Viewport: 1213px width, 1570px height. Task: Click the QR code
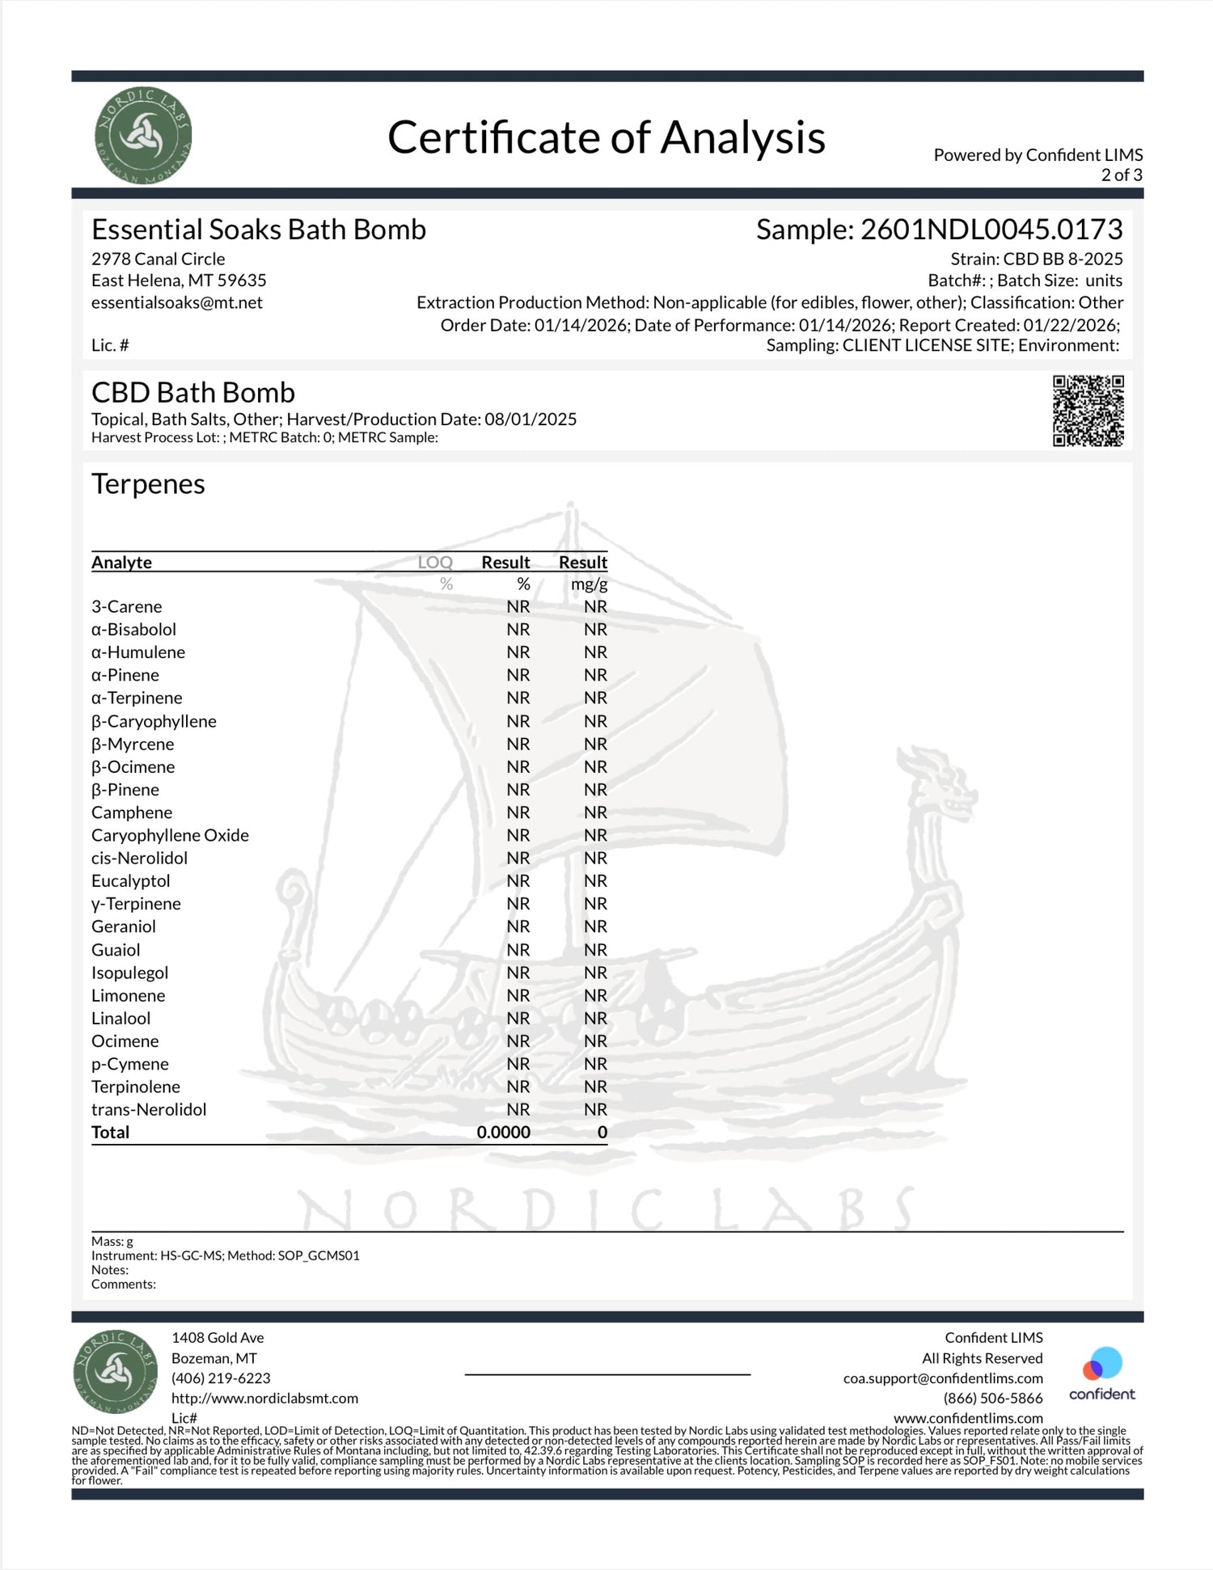point(1088,411)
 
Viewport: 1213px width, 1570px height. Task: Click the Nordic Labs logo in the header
point(143,135)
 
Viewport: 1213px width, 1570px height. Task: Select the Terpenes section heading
point(148,483)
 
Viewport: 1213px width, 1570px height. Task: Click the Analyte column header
point(121,562)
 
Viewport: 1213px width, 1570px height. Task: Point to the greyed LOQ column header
point(435,562)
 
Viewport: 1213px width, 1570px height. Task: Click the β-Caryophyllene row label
point(154,721)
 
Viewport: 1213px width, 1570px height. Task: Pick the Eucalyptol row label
point(130,880)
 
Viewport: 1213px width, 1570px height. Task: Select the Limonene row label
point(128,995)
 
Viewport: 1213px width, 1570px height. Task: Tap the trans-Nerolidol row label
point(149,1109)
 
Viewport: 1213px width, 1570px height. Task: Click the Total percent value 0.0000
point(503,1132)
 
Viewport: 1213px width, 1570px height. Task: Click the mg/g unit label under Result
point(589,584)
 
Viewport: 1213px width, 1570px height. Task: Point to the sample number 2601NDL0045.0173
point(991,230)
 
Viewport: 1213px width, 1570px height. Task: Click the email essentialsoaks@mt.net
point(176,302)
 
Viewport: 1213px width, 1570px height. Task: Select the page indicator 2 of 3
point(1121,175)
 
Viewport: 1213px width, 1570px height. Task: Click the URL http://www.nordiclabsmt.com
point(264,1399)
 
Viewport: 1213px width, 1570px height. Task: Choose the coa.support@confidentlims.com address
point(943,1378)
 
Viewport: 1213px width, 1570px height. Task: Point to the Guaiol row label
point(116,950)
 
